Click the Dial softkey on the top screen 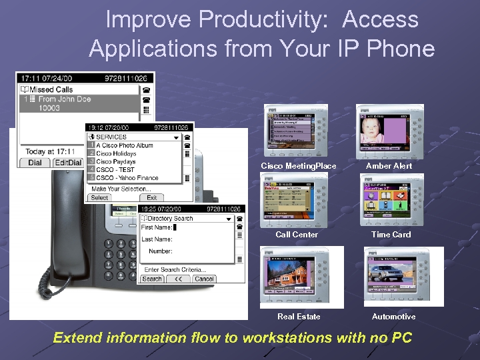[x=35, y=163]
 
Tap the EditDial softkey [x=67, y=163]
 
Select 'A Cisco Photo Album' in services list [x=125, y=145]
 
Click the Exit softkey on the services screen [x=152, y=197]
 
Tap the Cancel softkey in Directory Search [x=204, y=279]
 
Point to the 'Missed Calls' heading [x=51, y=89]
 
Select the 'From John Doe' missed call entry [x=64, y=99]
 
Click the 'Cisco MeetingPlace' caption [x=298, y=166]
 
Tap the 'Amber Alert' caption [x=389, y=166]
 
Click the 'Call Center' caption [x=297, y=235]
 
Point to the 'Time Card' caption [x=391, y=235]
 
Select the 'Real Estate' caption [x=299, y=317]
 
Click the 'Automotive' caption [x=393, y=317]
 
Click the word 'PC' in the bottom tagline [x=401, y=338]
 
